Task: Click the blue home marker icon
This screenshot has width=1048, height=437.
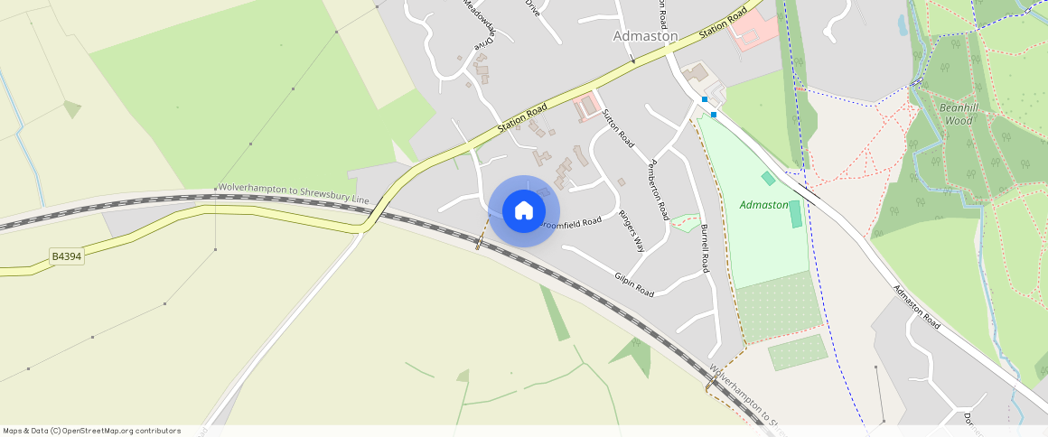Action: (x=523, y=211)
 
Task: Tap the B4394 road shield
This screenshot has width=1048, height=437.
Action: (x=66, y=257)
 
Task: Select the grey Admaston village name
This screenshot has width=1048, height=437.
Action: (x=645, y=36)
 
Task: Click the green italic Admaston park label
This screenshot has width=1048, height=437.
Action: (x=763, y=205)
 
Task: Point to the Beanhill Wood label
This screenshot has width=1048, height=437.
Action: (x=955, y=114)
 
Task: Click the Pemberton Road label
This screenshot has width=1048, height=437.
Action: (x=659, y=190)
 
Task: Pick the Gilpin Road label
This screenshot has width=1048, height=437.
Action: (x=633, y=285)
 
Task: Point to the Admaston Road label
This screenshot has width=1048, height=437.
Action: (x=916, y=306)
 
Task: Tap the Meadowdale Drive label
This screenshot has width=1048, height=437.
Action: (x=480, y=23)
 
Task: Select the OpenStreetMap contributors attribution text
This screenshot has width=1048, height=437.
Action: (x=91, y=431)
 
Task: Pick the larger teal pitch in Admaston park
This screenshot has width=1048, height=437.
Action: (x=795, y=214)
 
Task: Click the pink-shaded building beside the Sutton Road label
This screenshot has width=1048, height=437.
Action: (x=588, y=107)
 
